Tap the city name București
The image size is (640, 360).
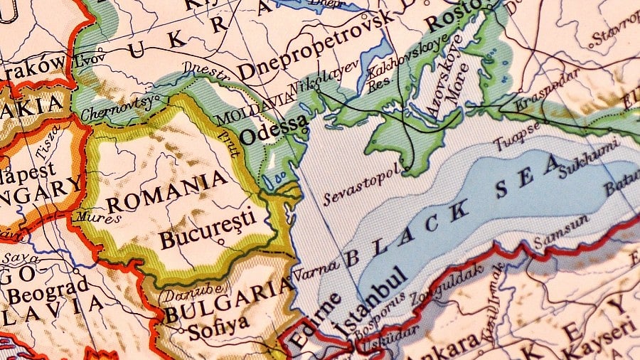pyautogui.click(x=206, y=230)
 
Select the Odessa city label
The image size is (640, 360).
pyautogui.click(x=274, y=129)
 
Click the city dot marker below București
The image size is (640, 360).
pyautogui.click(x=223, y=243)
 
